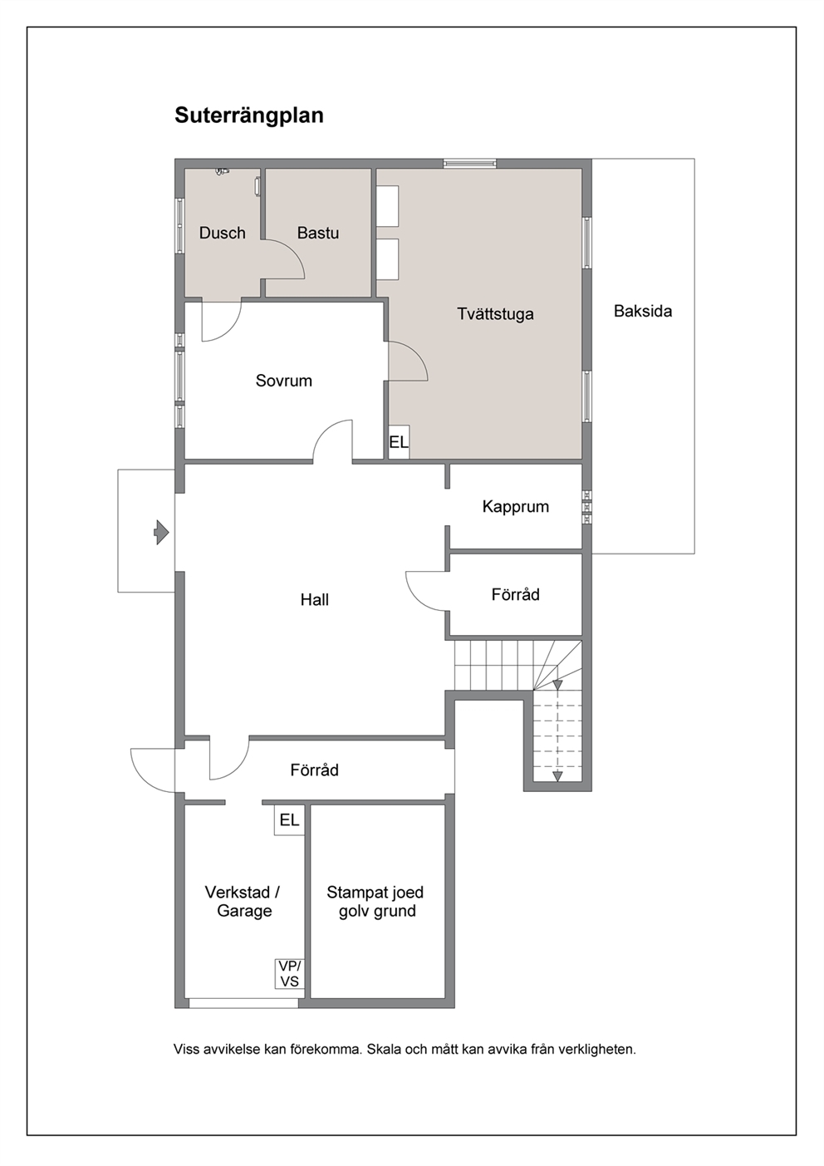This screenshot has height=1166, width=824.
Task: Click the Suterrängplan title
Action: coord(248,116)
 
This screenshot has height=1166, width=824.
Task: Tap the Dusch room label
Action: coord(222,233)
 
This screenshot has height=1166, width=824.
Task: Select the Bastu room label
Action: coord(318,233)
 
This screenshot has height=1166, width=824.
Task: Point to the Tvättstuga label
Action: coord(495,314)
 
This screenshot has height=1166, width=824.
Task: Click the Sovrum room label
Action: coord(283,381)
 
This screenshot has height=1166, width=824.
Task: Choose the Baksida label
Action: coord(642,311)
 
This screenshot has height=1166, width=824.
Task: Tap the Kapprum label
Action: coord(516,506)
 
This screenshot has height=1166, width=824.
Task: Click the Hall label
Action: coord(314,600)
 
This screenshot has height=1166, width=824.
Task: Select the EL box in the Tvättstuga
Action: coord(399,442)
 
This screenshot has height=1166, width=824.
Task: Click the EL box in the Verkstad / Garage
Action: coord(289,819)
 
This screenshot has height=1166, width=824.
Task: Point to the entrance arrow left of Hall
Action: coord(161,533)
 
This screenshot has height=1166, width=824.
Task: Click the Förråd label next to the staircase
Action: coord(516,594)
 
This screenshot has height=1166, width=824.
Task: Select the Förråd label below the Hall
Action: coord(314,770)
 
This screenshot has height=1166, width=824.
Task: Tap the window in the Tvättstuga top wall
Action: coord(470,164)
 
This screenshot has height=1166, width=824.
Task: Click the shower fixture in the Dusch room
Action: coord(222,171)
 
